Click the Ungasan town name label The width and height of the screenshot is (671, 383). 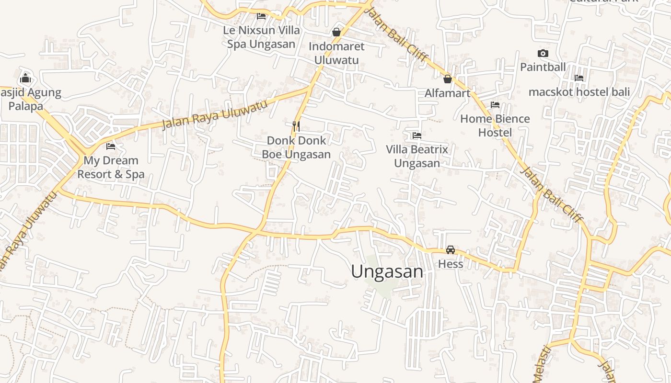[x=387, y=272]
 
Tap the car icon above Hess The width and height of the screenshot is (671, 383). [x=451, y=250]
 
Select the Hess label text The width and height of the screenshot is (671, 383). [x=451, y=264]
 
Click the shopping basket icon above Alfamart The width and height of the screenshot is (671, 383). [x=447, y=79]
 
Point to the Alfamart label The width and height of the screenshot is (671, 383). [x=447, y=93]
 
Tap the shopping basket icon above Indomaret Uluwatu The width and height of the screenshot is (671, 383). [x=336, y=32]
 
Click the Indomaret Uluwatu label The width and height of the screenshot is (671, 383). [x=336, y=53]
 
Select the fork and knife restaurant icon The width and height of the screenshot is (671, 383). [x=296, y=126]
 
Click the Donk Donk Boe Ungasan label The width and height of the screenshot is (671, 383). [x=296, y=147]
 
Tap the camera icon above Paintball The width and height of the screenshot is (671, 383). [x=543, y=53]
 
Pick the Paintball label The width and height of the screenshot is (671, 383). [x=543, y=67]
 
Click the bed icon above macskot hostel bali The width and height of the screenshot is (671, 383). [x=579, y=78]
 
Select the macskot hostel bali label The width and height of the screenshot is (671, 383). [x=579, y=92]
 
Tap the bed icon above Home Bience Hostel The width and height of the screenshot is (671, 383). [x=495, y=105]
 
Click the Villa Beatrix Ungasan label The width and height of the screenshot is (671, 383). [x=417, y=157]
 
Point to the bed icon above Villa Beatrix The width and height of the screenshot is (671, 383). [x=417, y=135]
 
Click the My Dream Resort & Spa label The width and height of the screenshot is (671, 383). [x=111, y=167]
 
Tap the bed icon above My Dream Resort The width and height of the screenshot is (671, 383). [x=111, y=146]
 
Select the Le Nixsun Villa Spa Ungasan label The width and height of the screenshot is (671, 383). [x=261, y=37]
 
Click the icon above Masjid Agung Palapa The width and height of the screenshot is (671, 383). [x=25, y=79]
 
